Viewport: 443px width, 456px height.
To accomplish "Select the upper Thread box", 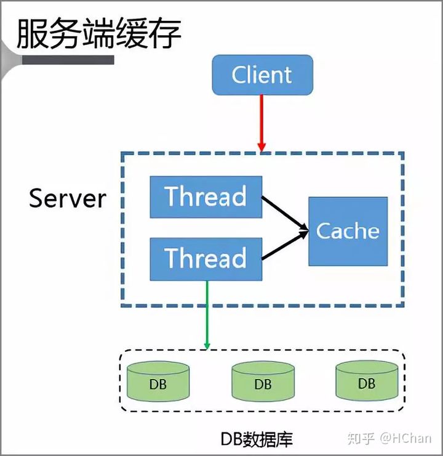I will pyautogui.click(x=206, y=197).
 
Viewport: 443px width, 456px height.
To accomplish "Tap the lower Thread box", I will pyautogui.click(x=206, y=258).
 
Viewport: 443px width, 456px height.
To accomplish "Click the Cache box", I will pyautogui.click(x=348, y=231).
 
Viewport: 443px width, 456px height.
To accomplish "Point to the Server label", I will pyautogui.click(x=68, y=198).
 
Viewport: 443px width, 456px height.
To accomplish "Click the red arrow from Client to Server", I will pyautogui.click(x=262, y=120).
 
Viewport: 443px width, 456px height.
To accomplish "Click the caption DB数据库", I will pyautogui.click(x=257, y=438).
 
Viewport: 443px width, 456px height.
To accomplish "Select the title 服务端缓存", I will pyautogui.click(x=98, y=34).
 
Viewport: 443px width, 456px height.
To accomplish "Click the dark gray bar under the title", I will pyautogui.click(x=68, y=60).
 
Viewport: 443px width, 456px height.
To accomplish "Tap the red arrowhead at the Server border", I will pyautogui.click(x=261, y=147).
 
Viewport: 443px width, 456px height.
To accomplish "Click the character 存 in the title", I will pyautogui.click(x=165, y=34).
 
